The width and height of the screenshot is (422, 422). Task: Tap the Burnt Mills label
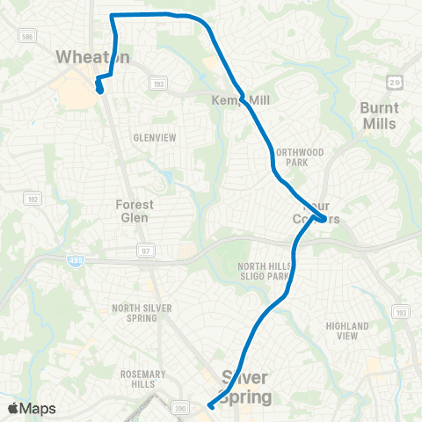[x=380, y=114]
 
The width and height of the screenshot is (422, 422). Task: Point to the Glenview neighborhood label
[x=155, y=137]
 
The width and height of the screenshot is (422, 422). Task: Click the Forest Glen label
[x=135, y=211]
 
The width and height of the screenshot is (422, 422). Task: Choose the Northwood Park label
[x=300, y=157]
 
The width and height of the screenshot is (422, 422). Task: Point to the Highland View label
[x=347, y=331]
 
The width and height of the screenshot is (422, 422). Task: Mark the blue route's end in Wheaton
[x=99, y=89]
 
